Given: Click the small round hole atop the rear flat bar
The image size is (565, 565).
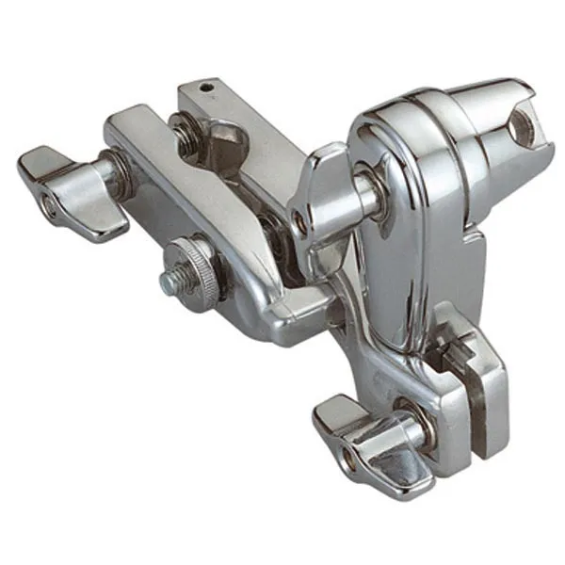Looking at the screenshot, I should [x=211, y=89].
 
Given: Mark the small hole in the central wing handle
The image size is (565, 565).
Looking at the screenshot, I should [x=299, y=222].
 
